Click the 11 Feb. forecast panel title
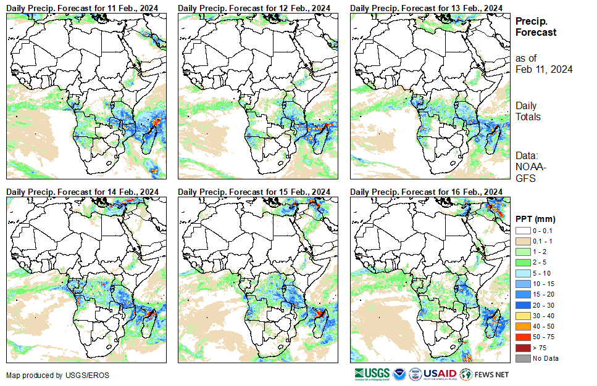tap(83, 7)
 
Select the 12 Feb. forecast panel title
tap(254, 7)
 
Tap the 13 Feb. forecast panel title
tap(426, 7)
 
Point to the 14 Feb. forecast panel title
tap(83, 192)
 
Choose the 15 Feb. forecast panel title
tap(254, 192)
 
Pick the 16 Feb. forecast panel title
tap(426, 192)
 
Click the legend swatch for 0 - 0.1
tap(522, 231)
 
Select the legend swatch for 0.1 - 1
tap(522, 241)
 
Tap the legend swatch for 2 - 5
tap(522, 263)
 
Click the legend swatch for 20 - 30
tap(522, 305)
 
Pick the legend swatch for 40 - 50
tap(522, 326)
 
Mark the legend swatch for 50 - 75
tap(522, 337)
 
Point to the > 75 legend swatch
tap(522, 348)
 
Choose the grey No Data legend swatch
tap(522, 358)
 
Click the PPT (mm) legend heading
tap(536, 219)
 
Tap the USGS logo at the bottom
tap(371, 374)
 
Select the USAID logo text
tap(440, 374)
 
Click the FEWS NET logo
tap(485, 374)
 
